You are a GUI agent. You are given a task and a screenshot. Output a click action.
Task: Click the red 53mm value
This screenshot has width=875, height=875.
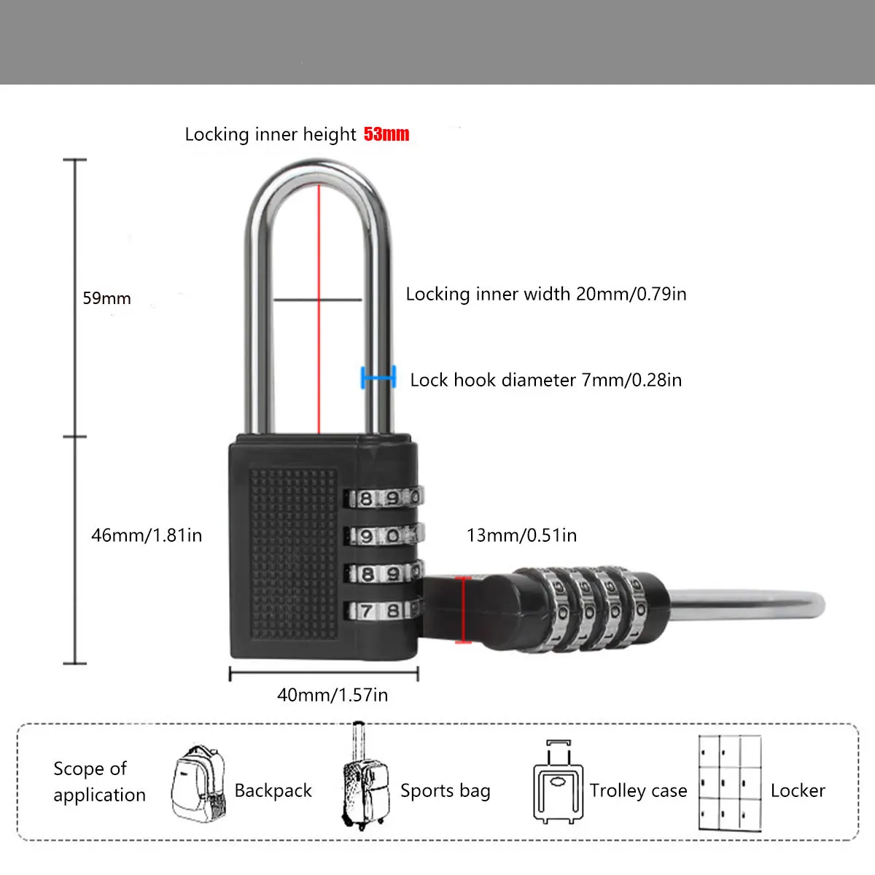(x=386, y=134)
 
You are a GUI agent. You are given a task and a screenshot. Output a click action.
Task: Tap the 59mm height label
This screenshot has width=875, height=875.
(x=106, y=298)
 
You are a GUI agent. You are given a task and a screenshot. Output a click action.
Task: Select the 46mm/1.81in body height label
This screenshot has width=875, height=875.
(x=146, y=535)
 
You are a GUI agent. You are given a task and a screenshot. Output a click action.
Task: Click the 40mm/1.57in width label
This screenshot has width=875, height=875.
(x=332, y=695)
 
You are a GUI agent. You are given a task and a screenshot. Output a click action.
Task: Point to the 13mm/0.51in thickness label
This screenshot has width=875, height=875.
(x=521, y=535)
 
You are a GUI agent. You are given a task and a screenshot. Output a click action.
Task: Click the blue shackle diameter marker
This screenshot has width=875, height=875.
(x=378, y=377)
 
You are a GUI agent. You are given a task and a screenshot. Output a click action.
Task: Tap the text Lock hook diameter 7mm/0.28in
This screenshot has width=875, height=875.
(x=545, y=380)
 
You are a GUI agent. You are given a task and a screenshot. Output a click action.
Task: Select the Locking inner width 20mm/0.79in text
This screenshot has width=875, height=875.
(x=545, y=294)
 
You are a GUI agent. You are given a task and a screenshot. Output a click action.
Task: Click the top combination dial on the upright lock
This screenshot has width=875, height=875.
(x=384, y=499)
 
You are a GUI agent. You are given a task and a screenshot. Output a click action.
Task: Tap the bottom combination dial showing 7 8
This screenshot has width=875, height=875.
(x=382, y=610)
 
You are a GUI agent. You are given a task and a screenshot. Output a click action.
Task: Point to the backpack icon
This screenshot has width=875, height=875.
(x=198, y=783)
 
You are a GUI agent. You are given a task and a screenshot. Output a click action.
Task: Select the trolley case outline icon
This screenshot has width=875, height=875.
(x=559, y=784)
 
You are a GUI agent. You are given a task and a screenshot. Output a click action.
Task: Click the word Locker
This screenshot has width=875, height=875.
(x=797, y=791)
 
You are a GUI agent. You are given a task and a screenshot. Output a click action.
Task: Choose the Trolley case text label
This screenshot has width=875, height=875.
(x=638, y=791)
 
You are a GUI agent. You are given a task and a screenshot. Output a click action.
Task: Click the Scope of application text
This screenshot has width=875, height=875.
(x=98, y=782)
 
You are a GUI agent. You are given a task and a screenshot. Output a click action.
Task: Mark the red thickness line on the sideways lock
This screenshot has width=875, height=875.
(x=462, y=610)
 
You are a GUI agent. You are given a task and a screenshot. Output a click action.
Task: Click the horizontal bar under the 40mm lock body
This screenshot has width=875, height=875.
(x=324, y=674)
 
